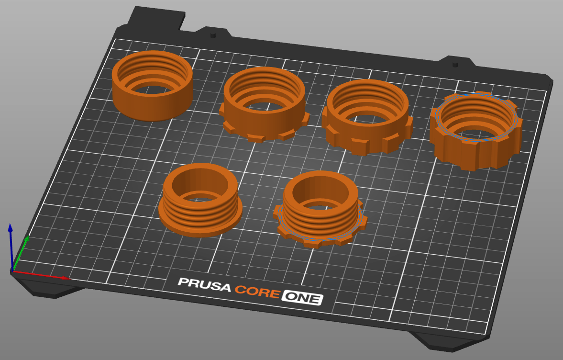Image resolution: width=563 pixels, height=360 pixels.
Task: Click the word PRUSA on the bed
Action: (204, 285)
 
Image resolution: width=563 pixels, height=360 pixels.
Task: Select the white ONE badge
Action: (302, 297)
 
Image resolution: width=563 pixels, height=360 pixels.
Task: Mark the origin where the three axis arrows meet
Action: (13, 271)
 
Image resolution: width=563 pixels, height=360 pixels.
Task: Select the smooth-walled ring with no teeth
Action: (152, 86)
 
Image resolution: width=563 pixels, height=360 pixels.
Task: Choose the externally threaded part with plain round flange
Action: (200, 200)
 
